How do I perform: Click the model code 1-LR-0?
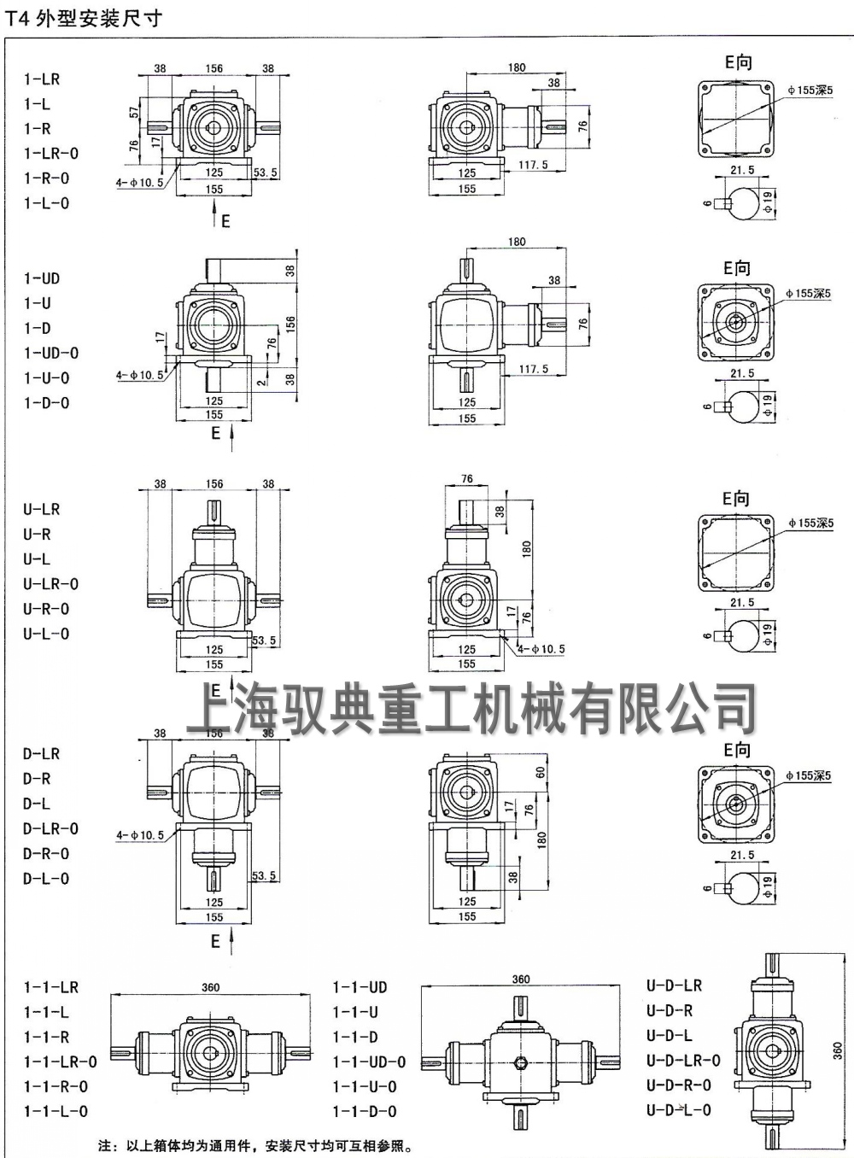coord(51,154)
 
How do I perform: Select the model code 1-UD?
coord(42,278)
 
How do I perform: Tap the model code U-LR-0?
coord(51,584)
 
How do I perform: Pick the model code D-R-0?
coord(46,854)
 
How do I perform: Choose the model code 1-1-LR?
coord(51,987)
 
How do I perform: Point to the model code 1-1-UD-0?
coord(369,1062)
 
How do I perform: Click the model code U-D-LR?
coord(674,985)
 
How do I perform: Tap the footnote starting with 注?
coord(255,1146)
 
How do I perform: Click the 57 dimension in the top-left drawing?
coord(134,112)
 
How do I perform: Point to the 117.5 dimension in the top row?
coord(533,165)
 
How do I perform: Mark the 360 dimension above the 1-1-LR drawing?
coord(210,987)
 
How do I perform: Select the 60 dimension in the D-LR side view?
coord(541,772)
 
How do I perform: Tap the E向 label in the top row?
coord(738,62)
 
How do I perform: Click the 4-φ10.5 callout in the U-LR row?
coord(541,649)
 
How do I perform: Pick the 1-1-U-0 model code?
coord(365,1087)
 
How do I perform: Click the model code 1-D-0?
coord(46,403)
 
